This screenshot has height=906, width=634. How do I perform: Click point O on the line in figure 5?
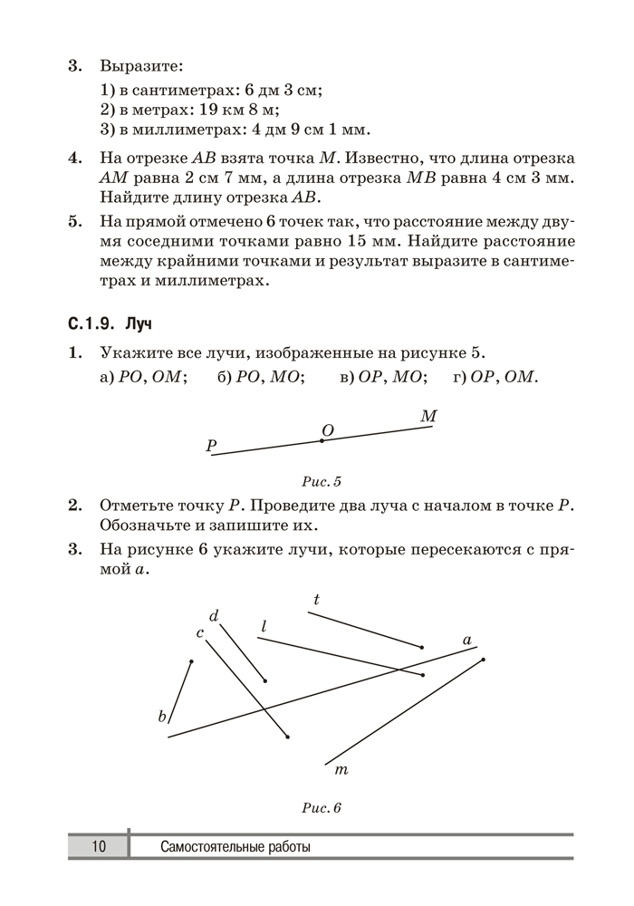pyautogui.click(x=322, y=440)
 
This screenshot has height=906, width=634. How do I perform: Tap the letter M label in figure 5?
pyautogui.click(x=429, y=416)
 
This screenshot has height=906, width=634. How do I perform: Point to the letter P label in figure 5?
pyautogui.click(x=211, y=445)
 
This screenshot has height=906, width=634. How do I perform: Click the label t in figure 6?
pyautogui.click(x=316, y=599)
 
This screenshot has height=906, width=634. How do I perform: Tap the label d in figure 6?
pyautogui.click(x=215, y=616)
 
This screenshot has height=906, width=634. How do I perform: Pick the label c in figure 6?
pyautogui.click(x=199, y=632)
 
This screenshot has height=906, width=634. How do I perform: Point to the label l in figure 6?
pyautogui.click(x=264, y=626)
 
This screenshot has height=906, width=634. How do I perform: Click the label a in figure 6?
pyautogui.click(x=467, y=640)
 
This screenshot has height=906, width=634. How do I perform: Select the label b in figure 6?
pyautogui.click(x=163, y=717)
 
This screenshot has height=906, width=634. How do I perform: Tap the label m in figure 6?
pyautogui.click(x=341, y=770)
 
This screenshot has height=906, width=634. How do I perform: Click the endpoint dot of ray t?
pyautogui.click(x=422, y=647)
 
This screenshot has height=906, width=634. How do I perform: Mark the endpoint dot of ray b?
pyautogui.click(x=191, y=661)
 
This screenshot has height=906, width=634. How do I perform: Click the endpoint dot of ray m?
pyautogui.click(x=483, y=660)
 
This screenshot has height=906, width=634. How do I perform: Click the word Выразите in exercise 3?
pyautogui.click(x=140, y=66)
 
